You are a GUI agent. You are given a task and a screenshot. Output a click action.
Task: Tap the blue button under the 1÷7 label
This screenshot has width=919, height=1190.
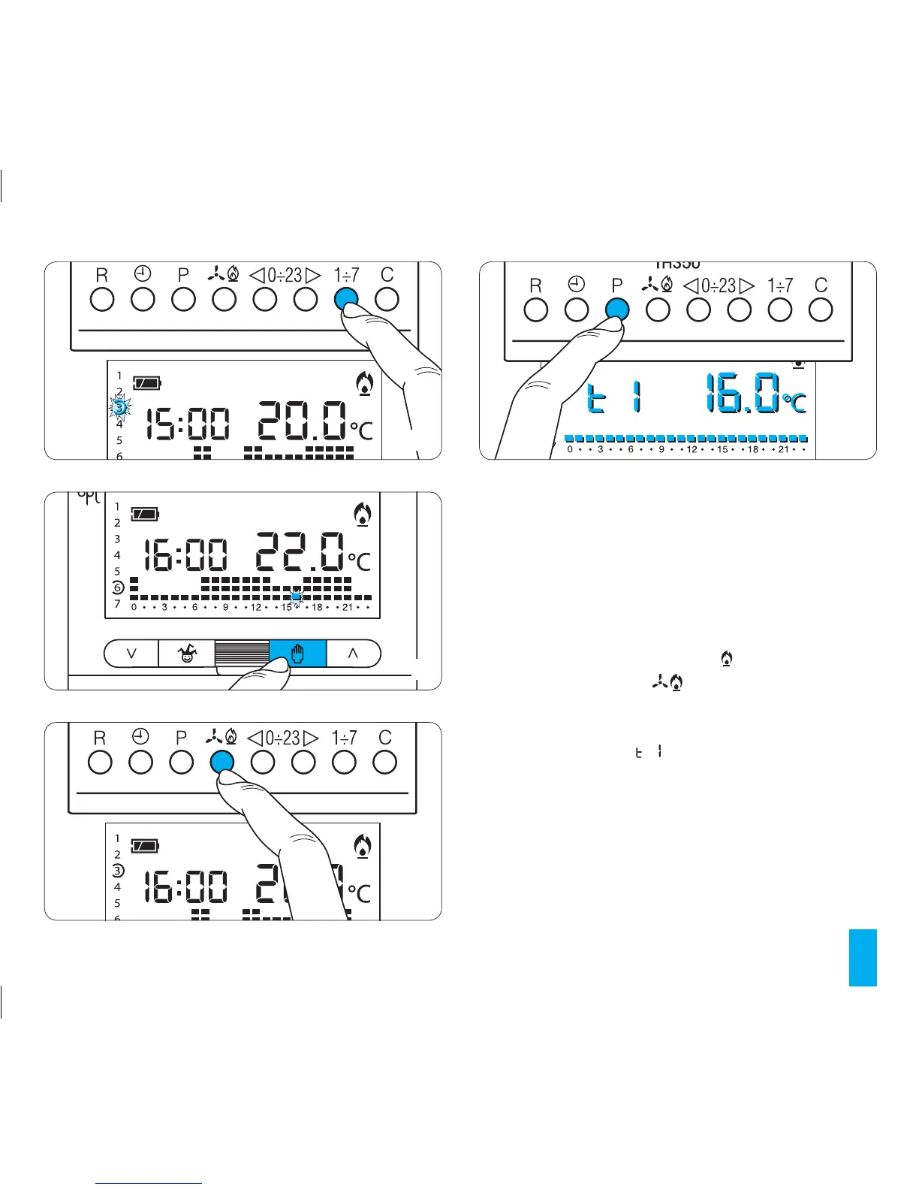(345, 299)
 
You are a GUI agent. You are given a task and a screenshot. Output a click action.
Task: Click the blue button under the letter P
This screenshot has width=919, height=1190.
(616, 309)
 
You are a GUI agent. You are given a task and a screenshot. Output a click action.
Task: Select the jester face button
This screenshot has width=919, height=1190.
(187, 654)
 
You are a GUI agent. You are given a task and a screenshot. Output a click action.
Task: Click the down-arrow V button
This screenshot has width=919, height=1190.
(131, 654)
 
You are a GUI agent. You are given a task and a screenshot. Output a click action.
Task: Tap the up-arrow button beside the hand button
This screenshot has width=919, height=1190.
(353, 654)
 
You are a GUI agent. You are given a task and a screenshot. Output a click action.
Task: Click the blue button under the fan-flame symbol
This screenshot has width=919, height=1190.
(221, 762)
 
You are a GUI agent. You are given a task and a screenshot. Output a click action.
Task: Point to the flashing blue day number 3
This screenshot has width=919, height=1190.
(119, 408)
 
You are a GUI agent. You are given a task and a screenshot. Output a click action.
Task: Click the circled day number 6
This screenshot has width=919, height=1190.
(118, 587)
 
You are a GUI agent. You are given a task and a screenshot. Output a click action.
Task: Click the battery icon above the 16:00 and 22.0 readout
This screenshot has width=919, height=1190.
(146, 515)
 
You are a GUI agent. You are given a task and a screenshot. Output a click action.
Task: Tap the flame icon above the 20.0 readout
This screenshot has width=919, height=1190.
(365, 384)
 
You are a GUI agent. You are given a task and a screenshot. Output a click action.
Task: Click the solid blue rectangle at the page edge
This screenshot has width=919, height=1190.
(863, 957)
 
